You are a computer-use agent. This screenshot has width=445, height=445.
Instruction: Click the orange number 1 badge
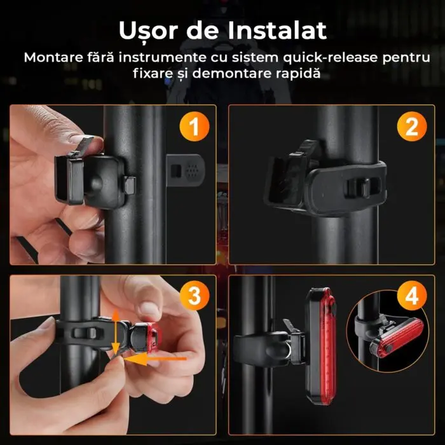(x=195, y=127)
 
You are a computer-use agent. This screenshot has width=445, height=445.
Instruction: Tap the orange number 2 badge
(x=412, y=127)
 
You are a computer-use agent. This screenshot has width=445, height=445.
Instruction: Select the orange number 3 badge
(x=195, y=296)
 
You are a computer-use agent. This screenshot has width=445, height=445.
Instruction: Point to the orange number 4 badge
(x=412, y=296)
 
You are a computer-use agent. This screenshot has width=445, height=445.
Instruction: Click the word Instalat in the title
(x=277, y=30)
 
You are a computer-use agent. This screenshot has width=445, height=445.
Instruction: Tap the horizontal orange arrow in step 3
(x=155, y=360)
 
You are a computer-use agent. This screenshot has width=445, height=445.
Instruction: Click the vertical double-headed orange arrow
(x=116, y=333)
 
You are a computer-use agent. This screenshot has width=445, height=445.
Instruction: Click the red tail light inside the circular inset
(x=397, y=336)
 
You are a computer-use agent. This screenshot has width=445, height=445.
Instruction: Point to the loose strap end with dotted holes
(x=186, y=170)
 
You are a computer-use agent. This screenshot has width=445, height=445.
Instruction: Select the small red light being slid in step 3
(x=153, y=338)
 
